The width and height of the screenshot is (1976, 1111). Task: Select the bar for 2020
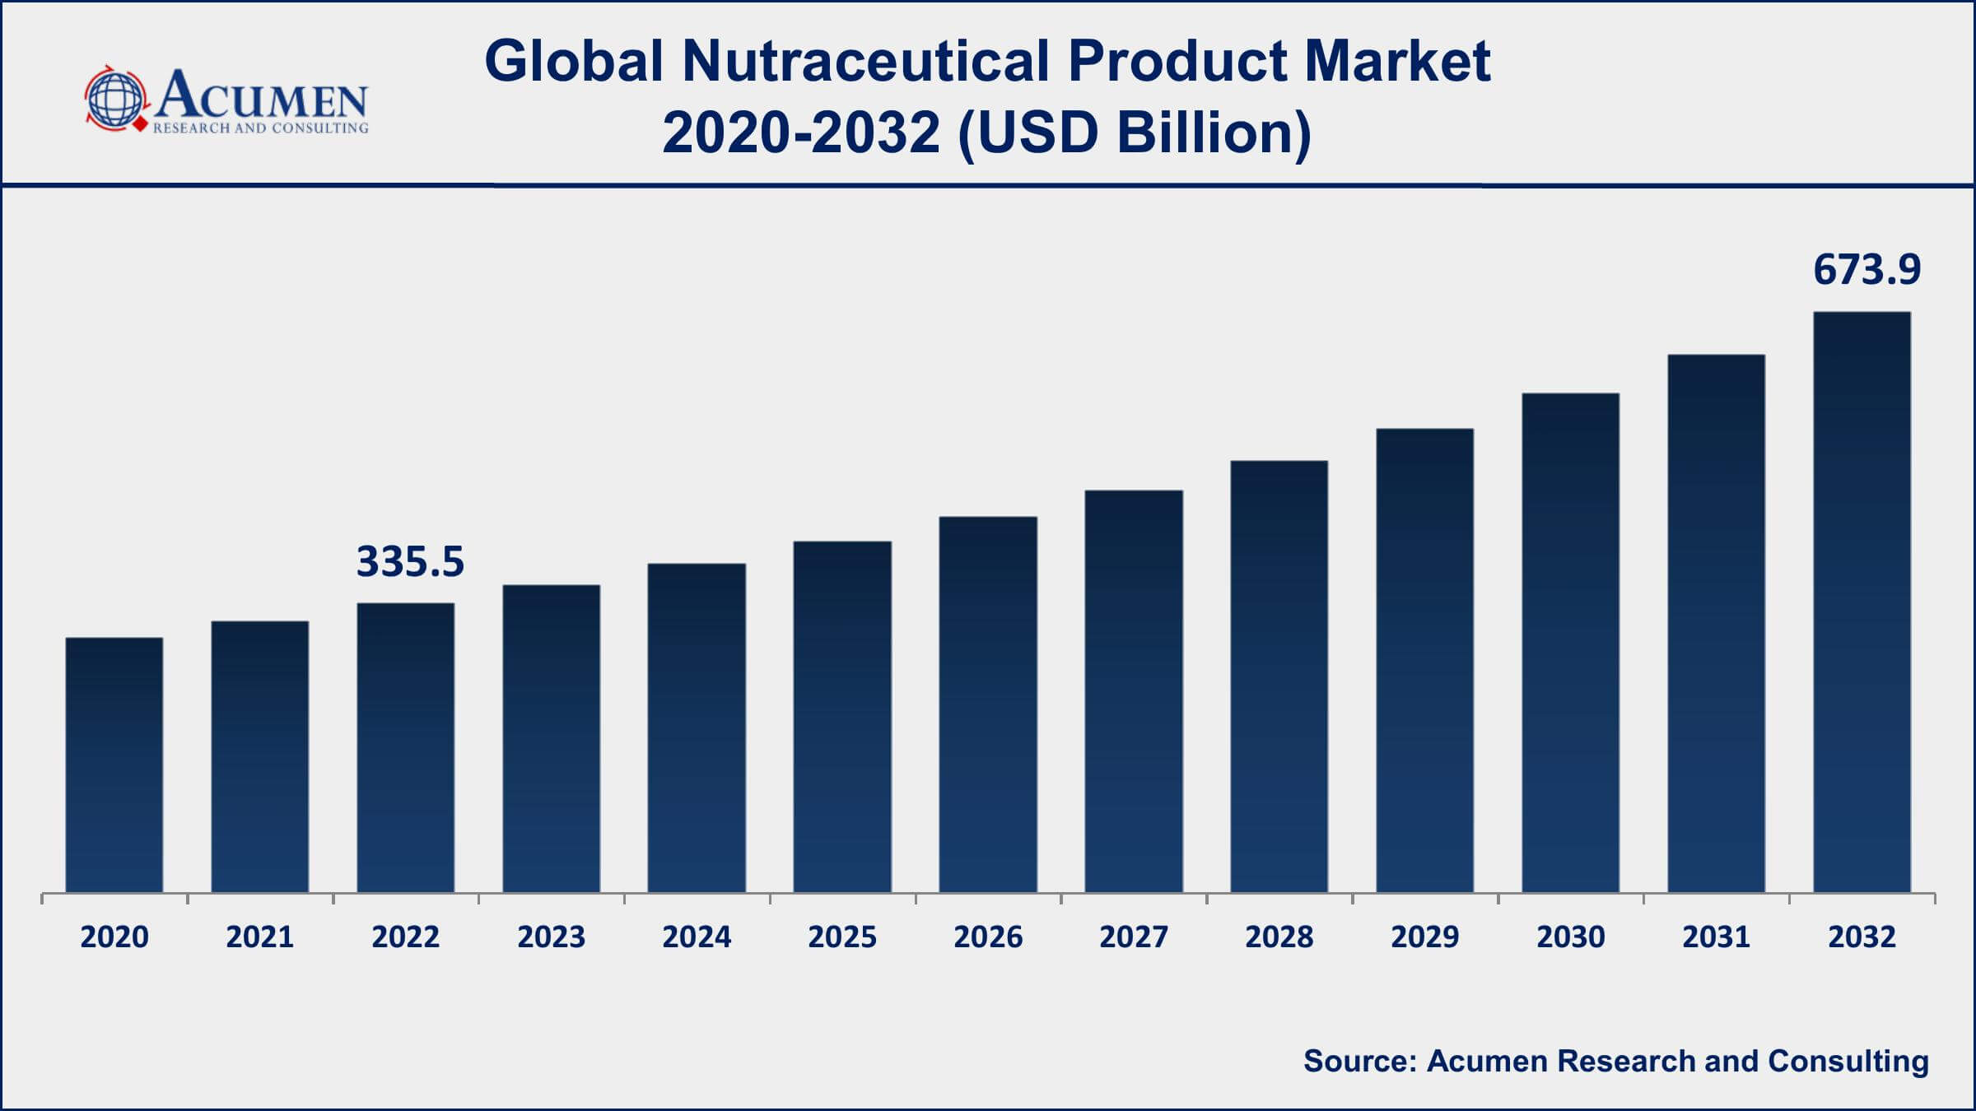[x=114, y=765]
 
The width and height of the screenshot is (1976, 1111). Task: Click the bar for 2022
[x=405, y=748]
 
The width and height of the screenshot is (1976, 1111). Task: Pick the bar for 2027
[x=1134, y=691]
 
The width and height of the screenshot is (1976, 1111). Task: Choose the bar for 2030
[x=1570, y=643]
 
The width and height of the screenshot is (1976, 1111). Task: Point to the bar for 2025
[x=842, y=717]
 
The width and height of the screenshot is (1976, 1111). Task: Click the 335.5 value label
[x=410, y=562]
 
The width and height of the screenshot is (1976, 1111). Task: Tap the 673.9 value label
[x=1866, y=270]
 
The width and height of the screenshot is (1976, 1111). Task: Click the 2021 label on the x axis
[x=260, y=937]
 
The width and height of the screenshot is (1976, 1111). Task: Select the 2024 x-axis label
[x=697, y=937]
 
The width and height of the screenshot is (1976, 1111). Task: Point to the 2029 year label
[x=1424, y=937]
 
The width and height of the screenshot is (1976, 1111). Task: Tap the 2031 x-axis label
[x=1716, y=937]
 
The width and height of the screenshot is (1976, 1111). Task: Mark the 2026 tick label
[x=988, y=937]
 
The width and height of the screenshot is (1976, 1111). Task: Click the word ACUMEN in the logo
[x=262, y=96]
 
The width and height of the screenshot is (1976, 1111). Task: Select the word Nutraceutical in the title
[x=865, y=62]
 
